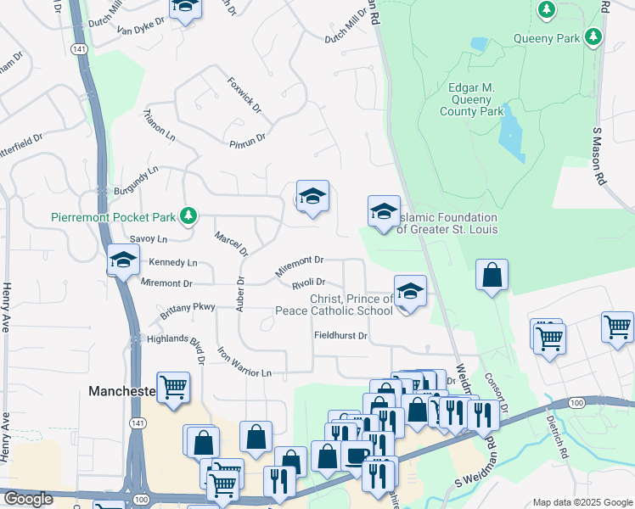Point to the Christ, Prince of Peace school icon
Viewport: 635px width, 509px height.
(x=409, y=292)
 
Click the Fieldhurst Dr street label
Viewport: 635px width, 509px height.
(x=339, y=336)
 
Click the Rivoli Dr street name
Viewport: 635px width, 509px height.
(x=308, y=282)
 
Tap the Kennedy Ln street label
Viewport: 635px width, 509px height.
(x=173, y=263)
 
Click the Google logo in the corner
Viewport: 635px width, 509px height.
(x=29, y=499)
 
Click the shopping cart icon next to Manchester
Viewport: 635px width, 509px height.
(x=172, y=387)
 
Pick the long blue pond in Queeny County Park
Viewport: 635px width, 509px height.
(x=511, y=136)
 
